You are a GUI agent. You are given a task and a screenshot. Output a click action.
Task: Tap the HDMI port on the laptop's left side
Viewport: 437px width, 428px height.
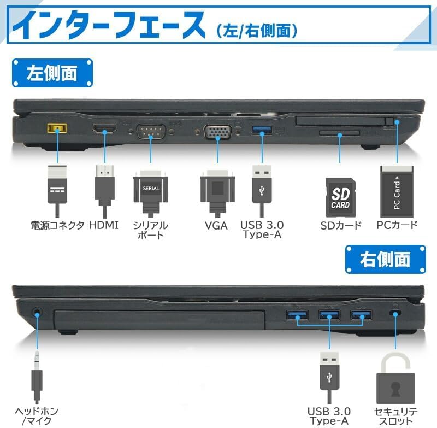pos(103,130)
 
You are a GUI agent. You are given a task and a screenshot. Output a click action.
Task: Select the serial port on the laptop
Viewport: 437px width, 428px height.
pos(150,132)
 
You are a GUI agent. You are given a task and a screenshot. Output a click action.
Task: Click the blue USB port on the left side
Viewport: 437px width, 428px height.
pos(261,130)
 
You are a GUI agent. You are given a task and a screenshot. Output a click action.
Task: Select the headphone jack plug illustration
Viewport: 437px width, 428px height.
pos(37,377)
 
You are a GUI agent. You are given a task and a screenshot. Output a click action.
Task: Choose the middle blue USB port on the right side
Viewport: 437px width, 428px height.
pos(329,315)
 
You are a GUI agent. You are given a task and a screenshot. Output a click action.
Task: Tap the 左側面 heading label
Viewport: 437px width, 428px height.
pos(52,73)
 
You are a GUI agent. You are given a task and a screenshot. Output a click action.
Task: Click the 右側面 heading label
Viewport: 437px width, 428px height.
pos(385,259)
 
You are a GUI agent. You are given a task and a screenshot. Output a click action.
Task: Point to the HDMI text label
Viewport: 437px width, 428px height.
pos(103,225)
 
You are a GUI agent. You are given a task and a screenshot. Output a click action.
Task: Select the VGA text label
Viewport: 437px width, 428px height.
pos(216,225)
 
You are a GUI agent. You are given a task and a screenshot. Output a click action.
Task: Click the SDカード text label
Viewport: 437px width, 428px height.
pos(341,225)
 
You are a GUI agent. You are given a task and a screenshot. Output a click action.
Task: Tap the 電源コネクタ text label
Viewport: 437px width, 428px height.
pos(57,225)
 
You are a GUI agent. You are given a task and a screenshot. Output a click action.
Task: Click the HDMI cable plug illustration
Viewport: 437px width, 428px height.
pos(104,186)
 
